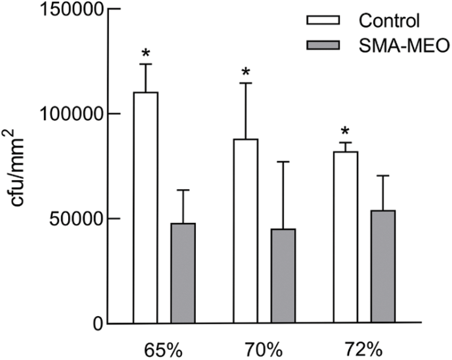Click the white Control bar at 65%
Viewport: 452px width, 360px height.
(x=145, y=208)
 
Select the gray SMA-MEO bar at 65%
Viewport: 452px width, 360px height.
(x=183, y=273)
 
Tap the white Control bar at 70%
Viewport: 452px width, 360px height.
(x=245, y=231)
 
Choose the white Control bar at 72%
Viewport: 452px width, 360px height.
(x=345, y=237)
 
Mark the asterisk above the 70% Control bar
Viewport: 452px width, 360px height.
(x=245, y=73)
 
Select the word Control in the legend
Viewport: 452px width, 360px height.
(x=388, y=20)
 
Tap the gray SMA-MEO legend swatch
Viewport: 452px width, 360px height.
(x=323, y=45)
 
